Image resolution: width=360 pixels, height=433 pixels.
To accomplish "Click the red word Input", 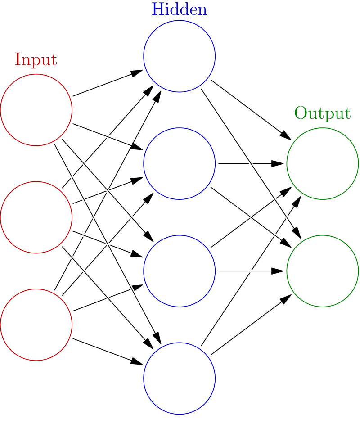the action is (x=36, y=59).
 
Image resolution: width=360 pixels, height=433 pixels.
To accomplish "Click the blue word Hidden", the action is (x=179, y=9).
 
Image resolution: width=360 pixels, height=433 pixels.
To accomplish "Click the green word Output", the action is (x=323, y=113).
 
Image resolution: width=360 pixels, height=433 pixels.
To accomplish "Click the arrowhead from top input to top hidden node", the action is (x=137, y=72).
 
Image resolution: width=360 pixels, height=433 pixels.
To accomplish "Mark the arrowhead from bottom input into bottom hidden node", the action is (x=137, y=362).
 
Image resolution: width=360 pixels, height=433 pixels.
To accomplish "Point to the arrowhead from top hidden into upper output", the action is (x=286, y=135).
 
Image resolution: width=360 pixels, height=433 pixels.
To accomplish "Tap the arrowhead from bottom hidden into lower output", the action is (x=286, y=299).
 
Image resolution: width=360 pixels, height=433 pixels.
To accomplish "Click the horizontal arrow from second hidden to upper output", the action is (x=251, y=163).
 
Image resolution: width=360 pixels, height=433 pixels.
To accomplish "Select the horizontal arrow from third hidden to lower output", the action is (x=251, y=271).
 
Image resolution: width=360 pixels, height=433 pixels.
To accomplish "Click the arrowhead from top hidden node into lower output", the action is (x=297, y=233).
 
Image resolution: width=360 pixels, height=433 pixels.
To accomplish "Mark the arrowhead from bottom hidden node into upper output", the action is (x=297, y=202).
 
